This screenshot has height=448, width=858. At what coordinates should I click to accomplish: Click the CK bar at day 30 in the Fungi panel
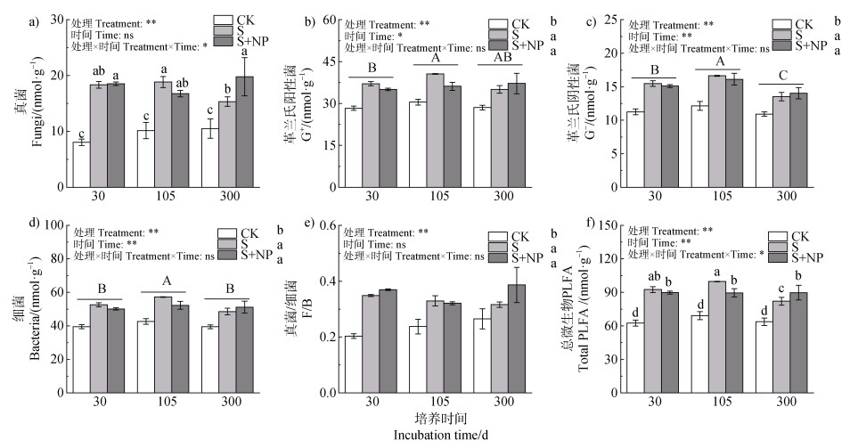81,165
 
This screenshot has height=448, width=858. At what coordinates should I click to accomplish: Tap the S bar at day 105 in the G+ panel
435,130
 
